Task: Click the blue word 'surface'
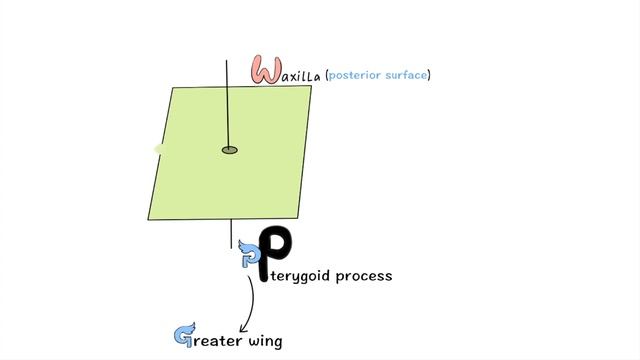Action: point(407,75)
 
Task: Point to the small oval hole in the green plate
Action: point(230,150)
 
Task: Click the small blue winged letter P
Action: point(249,259)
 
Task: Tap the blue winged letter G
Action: point(184,336)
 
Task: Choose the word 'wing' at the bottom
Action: point(265,342)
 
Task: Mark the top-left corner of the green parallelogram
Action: point(173,88)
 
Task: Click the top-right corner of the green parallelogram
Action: point(311,87)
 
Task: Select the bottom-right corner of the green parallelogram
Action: point(297,218)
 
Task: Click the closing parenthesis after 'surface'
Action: point(430,75)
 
